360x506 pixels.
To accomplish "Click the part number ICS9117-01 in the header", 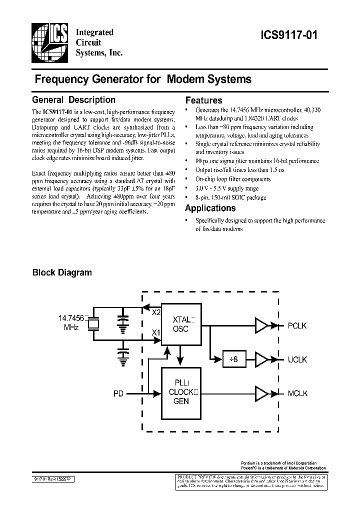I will [x=288, y=35].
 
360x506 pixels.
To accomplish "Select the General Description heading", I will [x=73, y=99].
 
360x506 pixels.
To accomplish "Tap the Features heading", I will [x=203, y=100].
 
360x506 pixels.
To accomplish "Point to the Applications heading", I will [x=210, y=208].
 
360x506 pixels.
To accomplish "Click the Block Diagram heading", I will [x=62, y=272].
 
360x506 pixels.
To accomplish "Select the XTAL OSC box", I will [x=180, y=324].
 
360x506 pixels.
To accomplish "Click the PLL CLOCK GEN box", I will [x=180, y=393].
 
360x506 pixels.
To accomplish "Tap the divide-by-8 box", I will [x=229, y=359].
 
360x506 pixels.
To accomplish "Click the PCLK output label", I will [x=297, y=325].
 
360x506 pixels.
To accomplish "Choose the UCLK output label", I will [x=297, y=359].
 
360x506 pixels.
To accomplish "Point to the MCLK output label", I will [x=297, y=393].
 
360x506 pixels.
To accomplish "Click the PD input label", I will [x=118, y=394].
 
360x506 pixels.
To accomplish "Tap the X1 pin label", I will [x=156, y=332].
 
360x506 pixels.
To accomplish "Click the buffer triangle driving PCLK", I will [x=262, y=325].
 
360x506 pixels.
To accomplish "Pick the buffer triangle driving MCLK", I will [x=262, y=393].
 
